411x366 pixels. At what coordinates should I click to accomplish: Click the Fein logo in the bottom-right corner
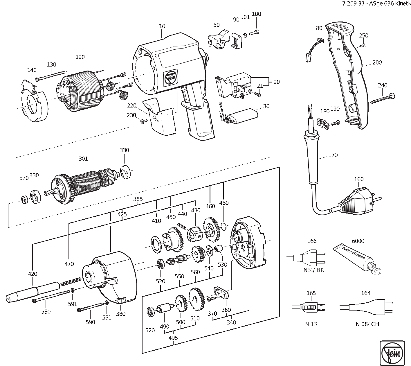point(392,353)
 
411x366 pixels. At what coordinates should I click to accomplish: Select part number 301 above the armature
point(83,159)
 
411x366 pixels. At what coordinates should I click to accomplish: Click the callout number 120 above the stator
point(80,57)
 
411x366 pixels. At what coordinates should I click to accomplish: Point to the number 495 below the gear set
point(173,338)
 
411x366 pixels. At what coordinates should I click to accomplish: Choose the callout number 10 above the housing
point(162,26)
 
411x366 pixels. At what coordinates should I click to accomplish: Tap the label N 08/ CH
point(367,324)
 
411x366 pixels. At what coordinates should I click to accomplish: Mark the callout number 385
point(138,199)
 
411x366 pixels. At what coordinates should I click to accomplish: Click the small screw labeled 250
point(363,45)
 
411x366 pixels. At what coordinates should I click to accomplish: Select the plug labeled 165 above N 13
point(309,307)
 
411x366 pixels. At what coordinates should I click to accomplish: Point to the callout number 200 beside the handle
point(377,62)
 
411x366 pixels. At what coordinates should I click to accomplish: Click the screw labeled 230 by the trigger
point(143,121)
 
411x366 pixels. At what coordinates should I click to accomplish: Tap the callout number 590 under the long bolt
point(91,322)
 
